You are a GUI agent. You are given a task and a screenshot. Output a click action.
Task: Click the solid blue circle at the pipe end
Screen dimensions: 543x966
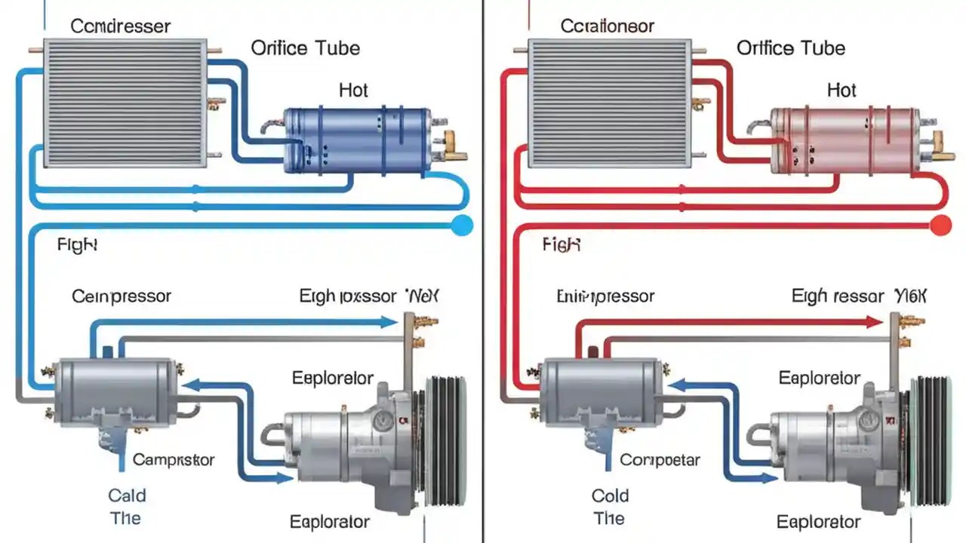pyautogui.click(x=460, y=224)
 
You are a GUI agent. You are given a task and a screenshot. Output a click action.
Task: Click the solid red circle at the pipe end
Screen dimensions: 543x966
pyautogui.click(x=940, y=224)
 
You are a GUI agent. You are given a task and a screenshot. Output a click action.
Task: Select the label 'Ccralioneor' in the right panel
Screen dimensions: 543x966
pyautogui.click(x=608, y=26)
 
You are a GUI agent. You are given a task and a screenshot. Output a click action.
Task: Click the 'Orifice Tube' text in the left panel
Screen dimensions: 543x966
pyautogui.click(x=305, y=48)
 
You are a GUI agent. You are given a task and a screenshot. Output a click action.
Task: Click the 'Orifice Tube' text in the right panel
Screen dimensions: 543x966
pyautogui.click(x=791, y=48)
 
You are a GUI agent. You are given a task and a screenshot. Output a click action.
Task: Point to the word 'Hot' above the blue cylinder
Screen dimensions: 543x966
pyautogui.click(x=352, y=90)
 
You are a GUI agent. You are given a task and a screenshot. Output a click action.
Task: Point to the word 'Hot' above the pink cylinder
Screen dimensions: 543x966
pyautogui.click(x=841, y=90)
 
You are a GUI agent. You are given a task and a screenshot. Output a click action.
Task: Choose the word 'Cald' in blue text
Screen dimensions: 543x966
pyautogui.click(x=127, y=495)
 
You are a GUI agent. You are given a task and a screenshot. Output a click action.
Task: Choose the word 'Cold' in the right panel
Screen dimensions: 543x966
pyautogui.click(x=610, y=495)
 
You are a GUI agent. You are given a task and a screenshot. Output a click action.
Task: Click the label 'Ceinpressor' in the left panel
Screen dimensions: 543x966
pyautogui.click(x=122, y=296)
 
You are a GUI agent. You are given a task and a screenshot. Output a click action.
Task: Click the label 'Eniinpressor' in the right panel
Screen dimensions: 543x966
pyautogui.click(x=605, y=296)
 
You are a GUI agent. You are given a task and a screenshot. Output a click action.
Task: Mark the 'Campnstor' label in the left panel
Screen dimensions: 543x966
pyautogui.click(x=174, y=459)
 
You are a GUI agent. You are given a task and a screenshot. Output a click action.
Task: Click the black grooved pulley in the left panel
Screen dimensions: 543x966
pyautogui.click(x=445, y=441)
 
